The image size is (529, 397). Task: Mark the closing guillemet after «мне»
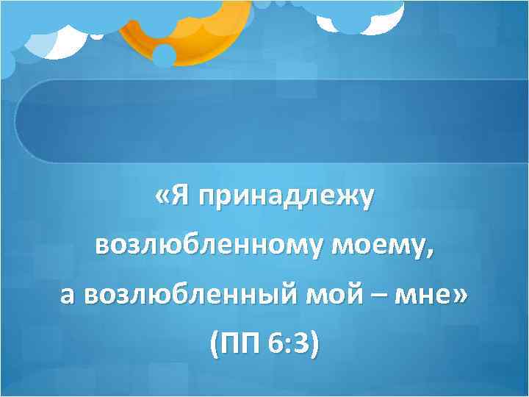click(x=461, y=296)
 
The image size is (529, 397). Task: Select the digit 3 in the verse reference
click(x=303, y=342)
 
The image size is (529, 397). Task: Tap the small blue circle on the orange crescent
click(x=164, y=55)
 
